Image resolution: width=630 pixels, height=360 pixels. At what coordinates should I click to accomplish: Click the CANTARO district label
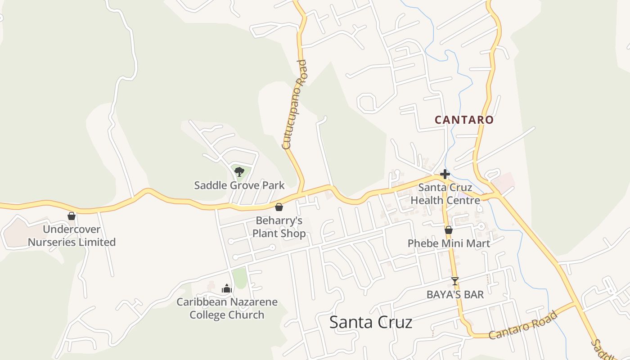(x=464, y=120)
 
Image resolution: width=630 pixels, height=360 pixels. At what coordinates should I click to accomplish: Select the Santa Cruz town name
(x=371, y=322)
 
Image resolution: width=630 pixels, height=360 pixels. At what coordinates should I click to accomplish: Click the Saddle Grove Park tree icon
(x=239, y=171)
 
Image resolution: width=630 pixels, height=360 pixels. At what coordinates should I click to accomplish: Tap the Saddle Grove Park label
(x=239, y=185)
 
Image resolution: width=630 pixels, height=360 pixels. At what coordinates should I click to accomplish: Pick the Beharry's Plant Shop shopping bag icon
(x=279, y=207)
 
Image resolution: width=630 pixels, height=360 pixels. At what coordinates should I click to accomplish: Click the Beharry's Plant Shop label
(x=279, y=227)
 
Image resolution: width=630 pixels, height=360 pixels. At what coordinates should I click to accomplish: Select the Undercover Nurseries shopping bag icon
(x=72, y=216)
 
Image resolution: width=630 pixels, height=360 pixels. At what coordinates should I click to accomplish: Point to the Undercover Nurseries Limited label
(x=72, y=236)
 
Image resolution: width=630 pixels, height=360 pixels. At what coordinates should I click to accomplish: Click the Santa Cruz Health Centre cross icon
(x=445, y=174)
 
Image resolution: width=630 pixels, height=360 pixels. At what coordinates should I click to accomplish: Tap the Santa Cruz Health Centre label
(x=445, y=194)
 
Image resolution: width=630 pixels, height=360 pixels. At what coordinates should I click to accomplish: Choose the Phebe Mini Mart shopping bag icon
(x=449, y=230)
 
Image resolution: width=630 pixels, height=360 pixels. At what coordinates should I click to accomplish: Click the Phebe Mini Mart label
(x=449, y=243)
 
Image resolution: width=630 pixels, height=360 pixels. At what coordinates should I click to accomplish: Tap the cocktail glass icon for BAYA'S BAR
(x=455, y=281)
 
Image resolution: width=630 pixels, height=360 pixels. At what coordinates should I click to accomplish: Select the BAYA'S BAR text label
(x=455, y=295)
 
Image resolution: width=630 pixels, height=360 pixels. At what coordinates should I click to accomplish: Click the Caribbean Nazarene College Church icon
(x=227, y=288)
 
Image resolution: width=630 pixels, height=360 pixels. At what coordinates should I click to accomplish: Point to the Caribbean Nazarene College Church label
(x=227, y=308)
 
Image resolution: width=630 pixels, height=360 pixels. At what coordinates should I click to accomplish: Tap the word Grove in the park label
(x=245, y=185)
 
